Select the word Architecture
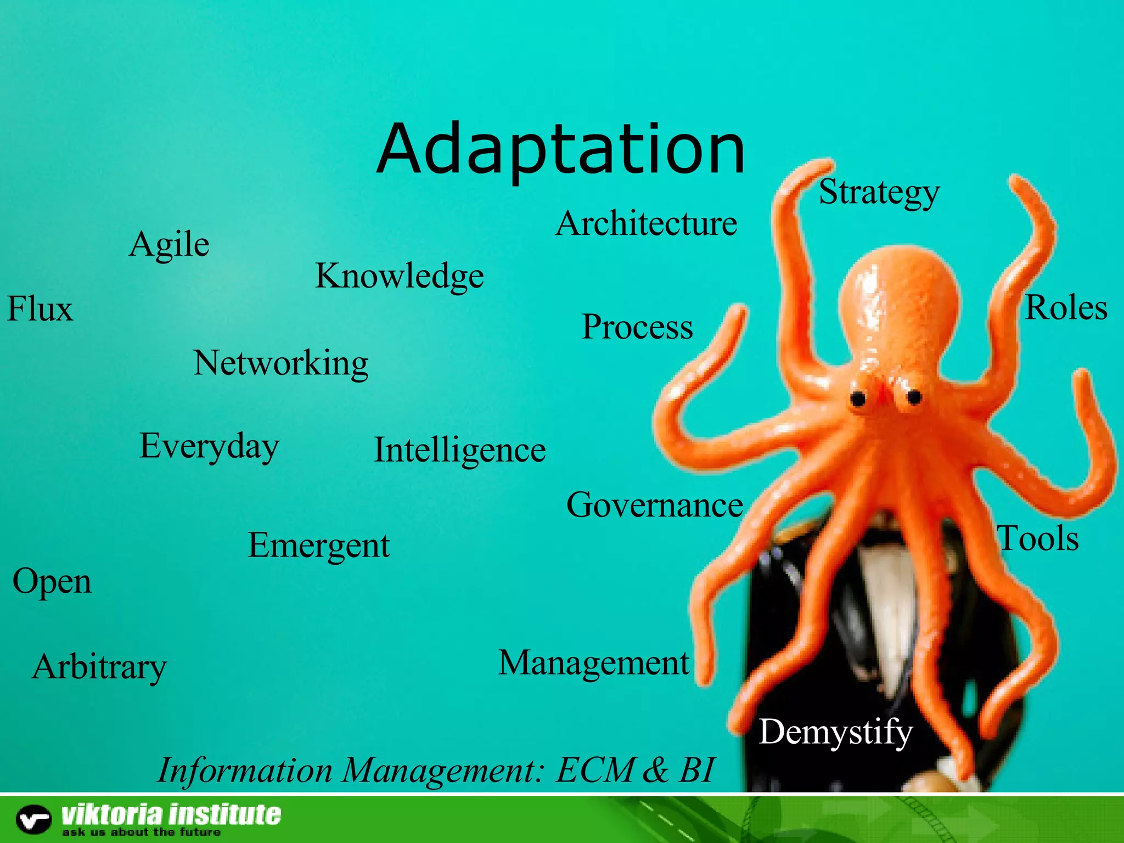(x=646, y=224)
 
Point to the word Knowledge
(x=400, y=276)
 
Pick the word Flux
(x=40, y=308)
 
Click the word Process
(x=637, y=327)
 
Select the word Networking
(x=280, y=363)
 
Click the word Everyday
(x=209, y=446)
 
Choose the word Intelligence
(x=460, y=450)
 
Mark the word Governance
(x=655, y=505)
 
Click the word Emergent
(x=319, y=546)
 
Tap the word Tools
(x=1038, y=538)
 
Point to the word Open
(x=52, y=582)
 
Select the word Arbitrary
(x=99, y=667)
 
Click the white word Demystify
(x=835, y=732)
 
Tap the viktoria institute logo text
(x=171, y=814)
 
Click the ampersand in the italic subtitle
(x=655, y=770)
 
